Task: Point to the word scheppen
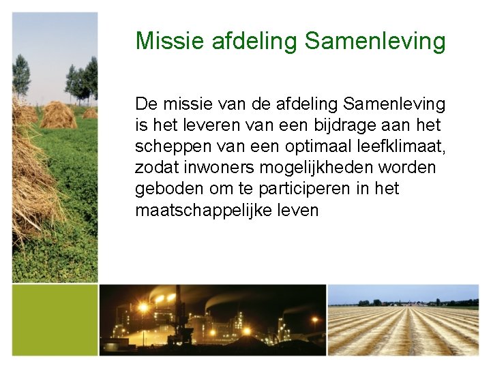168,147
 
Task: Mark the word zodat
155,168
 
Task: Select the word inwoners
218,168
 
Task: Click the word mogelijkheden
325,168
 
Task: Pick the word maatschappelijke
198,210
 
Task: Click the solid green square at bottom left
55,320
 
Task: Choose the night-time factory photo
213,320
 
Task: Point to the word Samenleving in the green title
375,41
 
